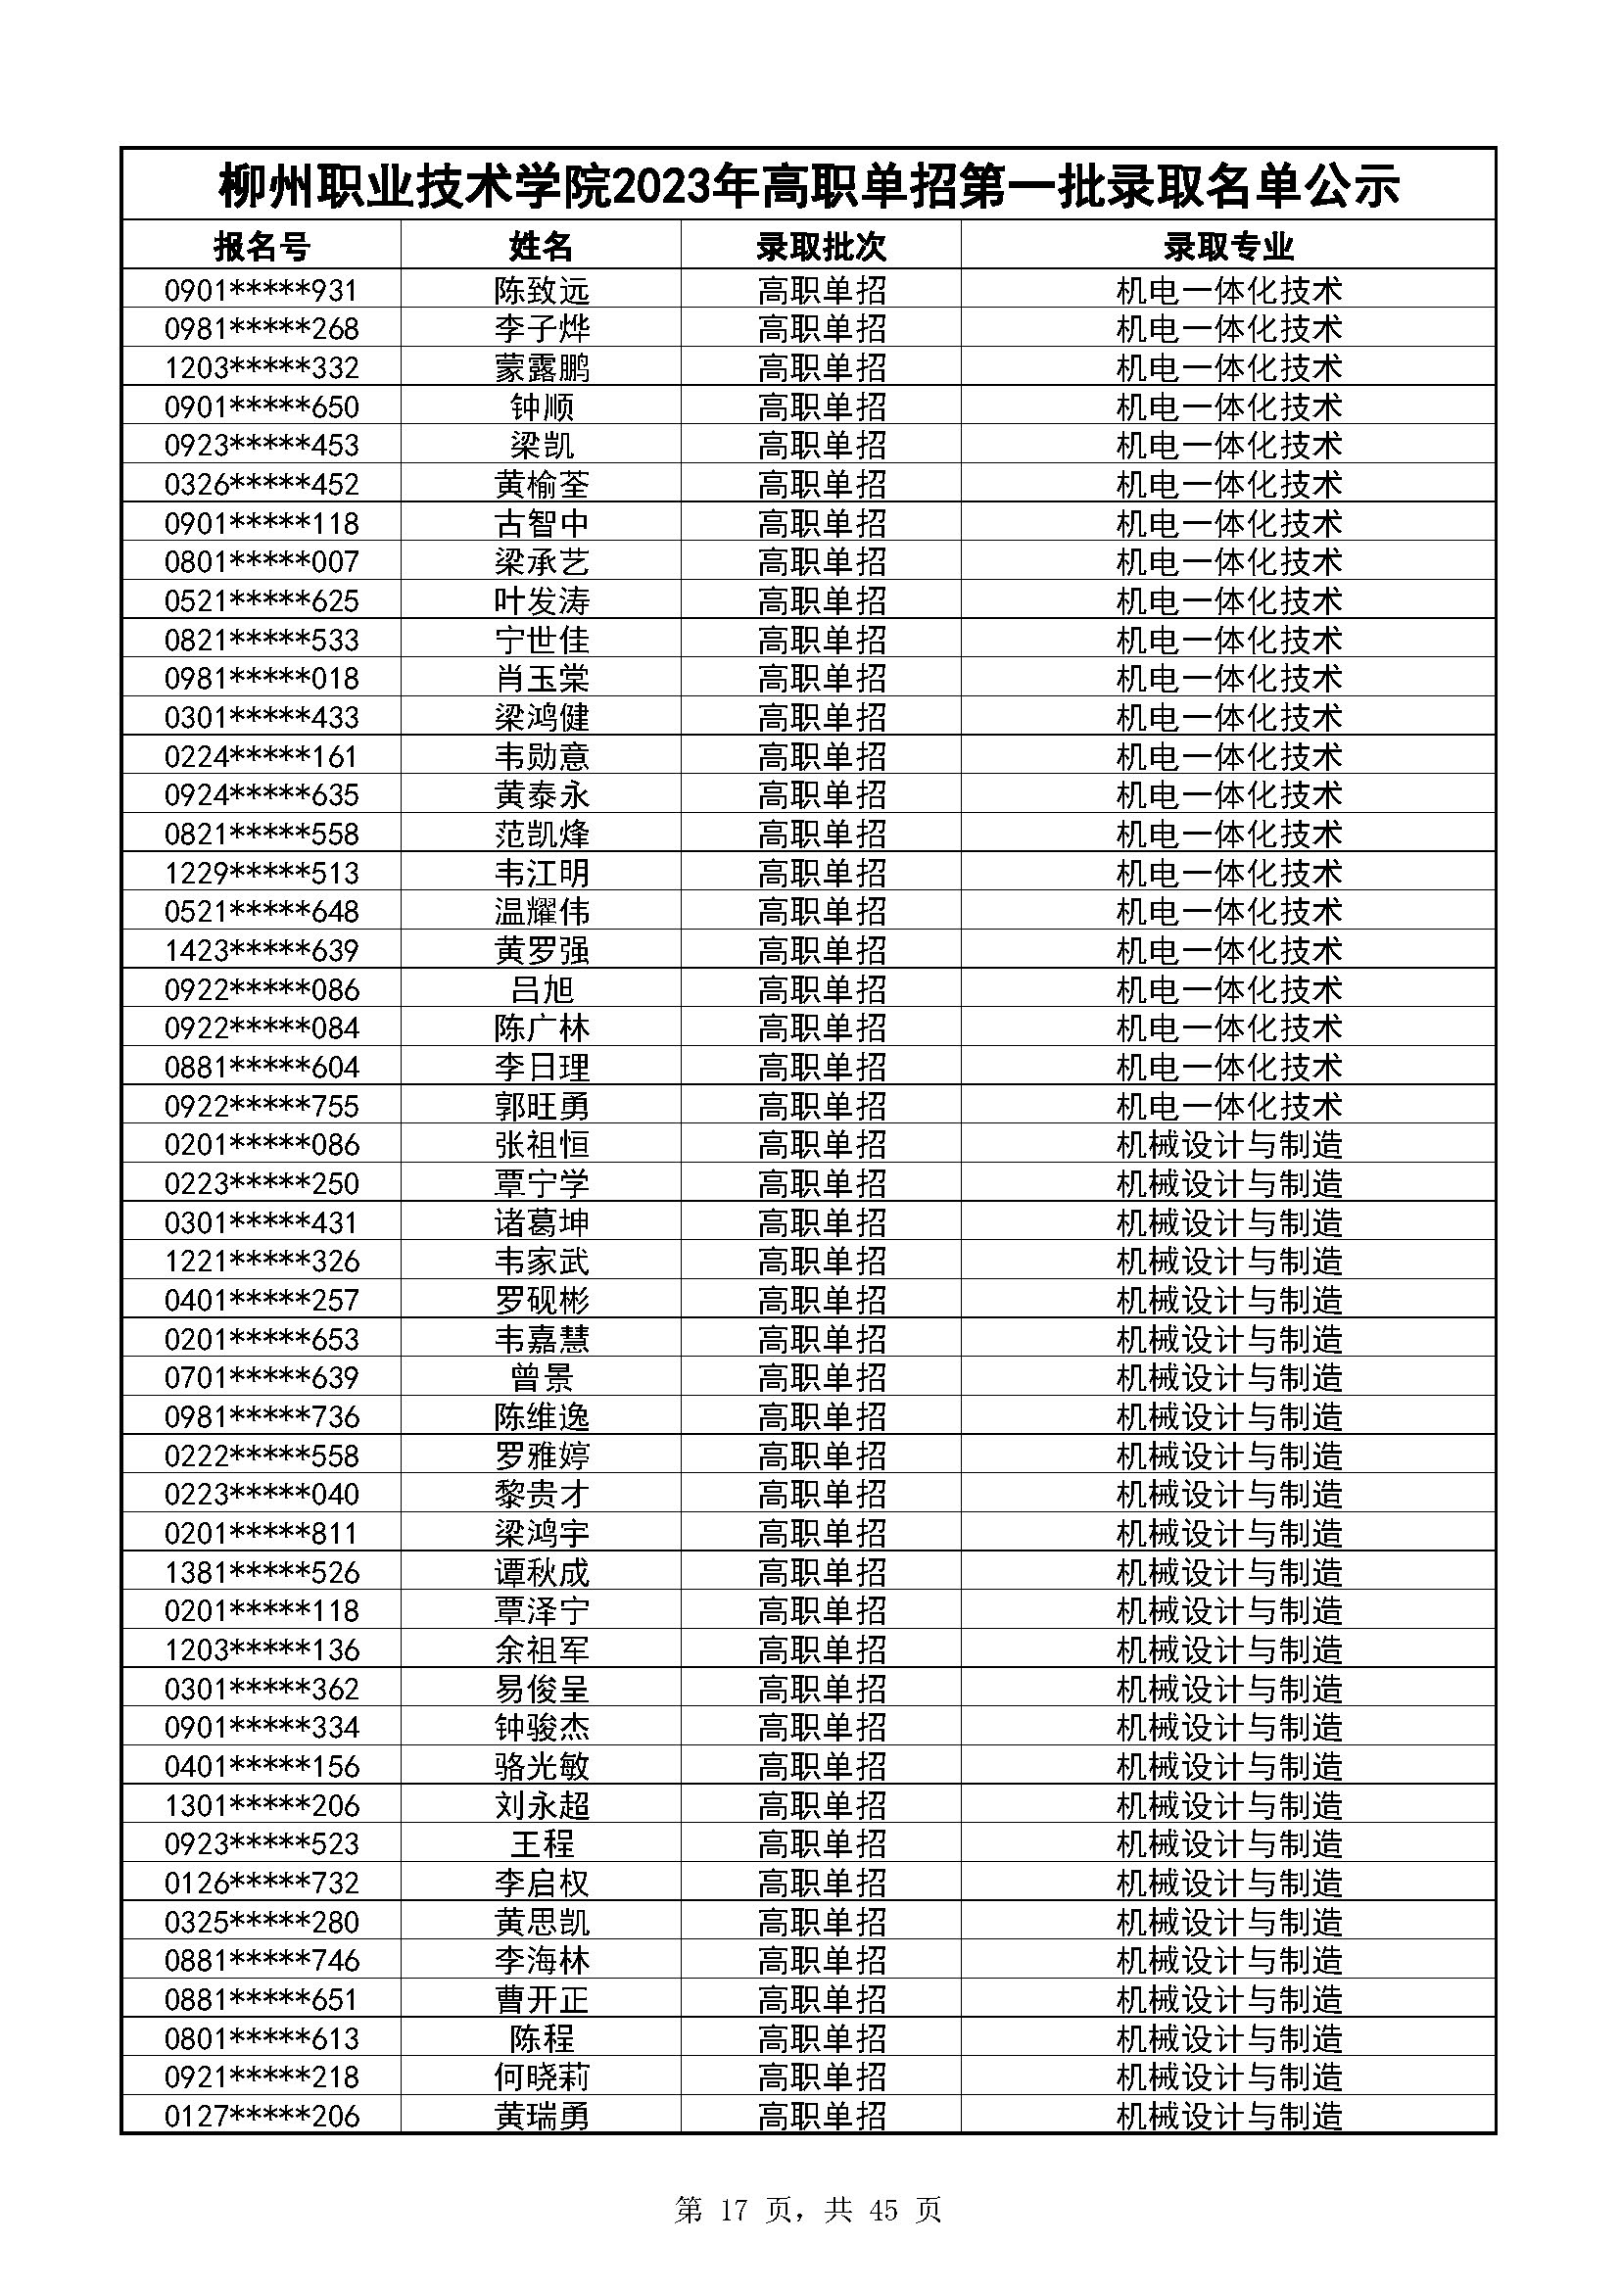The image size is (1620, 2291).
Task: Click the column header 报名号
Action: [x=262, y=246]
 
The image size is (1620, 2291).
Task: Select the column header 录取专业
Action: [x=1228, y=246]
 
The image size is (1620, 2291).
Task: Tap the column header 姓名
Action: [x=542, y=246]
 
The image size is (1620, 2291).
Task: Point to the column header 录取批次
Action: [x=821, y=246]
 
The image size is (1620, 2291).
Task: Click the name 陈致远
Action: [x=542, y=290]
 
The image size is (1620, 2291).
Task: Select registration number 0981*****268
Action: [x=262, y=329]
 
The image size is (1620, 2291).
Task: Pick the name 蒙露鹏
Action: [x=542, y=368]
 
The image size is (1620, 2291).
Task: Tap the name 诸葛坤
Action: [x=542, y=1222]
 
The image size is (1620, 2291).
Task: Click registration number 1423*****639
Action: [x=262, y=950]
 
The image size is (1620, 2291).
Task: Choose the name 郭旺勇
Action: [x=542, y=1106]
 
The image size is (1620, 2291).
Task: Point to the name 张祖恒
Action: [x=542, y=1144]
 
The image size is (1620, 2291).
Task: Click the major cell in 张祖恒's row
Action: [x=1228, y=1144]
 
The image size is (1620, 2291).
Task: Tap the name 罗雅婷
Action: [x=542, y=1456]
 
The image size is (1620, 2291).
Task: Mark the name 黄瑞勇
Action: [x=542, y=2117]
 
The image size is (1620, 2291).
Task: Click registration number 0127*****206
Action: [x=262, y=2117]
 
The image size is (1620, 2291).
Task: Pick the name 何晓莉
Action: [x=542, y=2077]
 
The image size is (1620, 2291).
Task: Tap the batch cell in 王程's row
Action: [x=821, y=1844]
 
